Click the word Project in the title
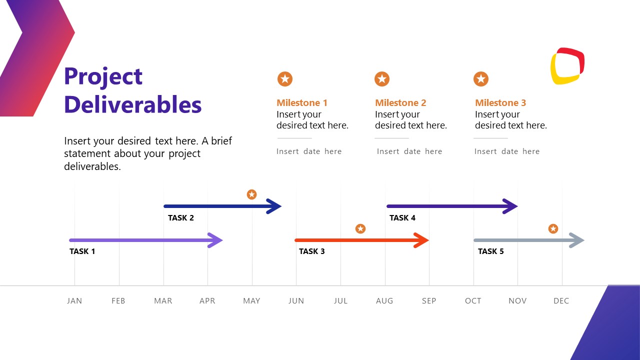tap(103, 77)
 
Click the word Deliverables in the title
tap(132, 105)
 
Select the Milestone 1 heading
tap(302, 103)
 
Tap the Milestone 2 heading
tap(400, 103)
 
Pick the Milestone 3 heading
tap(500, 103)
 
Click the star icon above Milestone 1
tap(285, 79)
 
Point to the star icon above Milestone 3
tap(481, 79)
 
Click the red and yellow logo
tap(567, 66)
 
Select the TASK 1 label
tap(82, 251)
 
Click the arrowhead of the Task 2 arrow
tap(274, 206)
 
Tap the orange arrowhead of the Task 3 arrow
tap(421, 240)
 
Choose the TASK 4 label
tap(402, 218)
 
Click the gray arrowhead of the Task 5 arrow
tap(577, 240)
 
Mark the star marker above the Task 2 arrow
tap(252, 194)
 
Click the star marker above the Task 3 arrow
tap(360, 229)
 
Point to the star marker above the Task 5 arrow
tap(553, 229)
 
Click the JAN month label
tap(74, 301)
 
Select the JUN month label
tap(296, 301)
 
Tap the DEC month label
tap(561, 301)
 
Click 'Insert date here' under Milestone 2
tap(409, 151)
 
